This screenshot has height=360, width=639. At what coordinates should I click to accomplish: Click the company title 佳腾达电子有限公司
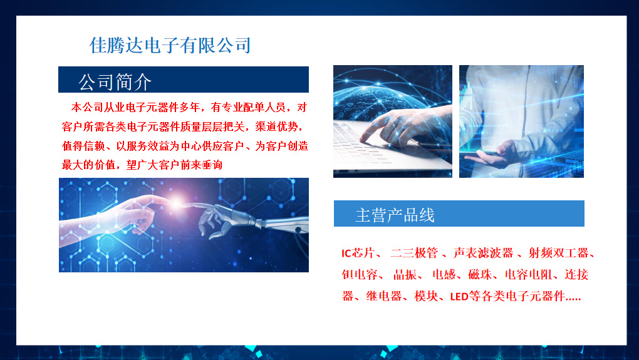170,45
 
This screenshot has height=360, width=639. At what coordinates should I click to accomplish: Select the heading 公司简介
115,82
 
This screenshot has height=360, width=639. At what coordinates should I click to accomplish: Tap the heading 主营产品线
395,215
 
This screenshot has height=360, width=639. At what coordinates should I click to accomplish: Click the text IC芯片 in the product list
357,253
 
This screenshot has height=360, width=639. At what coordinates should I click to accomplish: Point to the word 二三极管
414,253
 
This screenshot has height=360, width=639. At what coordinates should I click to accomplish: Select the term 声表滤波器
483,253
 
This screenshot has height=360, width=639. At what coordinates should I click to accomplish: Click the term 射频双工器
558,253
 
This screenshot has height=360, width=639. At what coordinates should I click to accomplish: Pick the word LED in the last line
459,297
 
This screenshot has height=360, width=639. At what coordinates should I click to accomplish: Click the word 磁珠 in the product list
480,274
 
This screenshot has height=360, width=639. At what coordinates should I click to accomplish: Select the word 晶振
405,274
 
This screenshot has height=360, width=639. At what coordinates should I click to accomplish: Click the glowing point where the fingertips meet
177,202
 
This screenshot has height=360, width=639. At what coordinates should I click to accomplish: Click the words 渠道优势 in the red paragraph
277,126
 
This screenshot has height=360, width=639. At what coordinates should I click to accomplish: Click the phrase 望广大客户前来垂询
174,165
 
